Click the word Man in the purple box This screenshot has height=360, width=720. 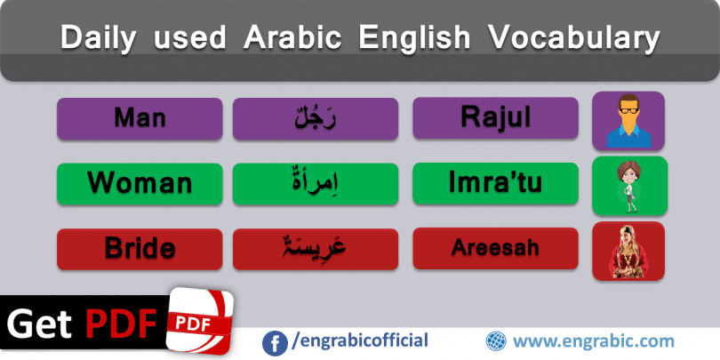click(x=140, y=118)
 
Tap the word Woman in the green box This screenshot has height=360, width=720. click(x=140, y=183)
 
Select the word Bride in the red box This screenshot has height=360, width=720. click(x=140, y=248)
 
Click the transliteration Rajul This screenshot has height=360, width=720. click(x=495, y=118)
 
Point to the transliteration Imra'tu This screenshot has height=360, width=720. click(x=495, y=183)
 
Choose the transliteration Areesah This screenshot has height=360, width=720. click(x=495, y=248)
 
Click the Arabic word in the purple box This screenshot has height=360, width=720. click(x=316, y=118)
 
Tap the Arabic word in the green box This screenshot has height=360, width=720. click(x=316, y=182)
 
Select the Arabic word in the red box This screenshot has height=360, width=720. click(x=316, y=248)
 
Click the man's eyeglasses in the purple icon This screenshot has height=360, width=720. click(x=628, y=110)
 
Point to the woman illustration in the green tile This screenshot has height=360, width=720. click(x=629, y=186)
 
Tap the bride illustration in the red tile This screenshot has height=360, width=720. click(x=628, y=252)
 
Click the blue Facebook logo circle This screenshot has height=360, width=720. click(x=275, y=343)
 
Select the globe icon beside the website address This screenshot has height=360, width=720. click(x=496, y=341)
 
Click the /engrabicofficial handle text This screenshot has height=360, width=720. click(x=360, y=341)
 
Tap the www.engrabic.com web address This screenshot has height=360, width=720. click(x=593, y=341)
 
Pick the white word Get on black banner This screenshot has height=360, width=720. click(x=39, y=324)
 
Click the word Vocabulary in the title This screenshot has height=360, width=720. click(x=573, y=37)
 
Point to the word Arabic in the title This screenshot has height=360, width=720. click(x=292, y=36)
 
